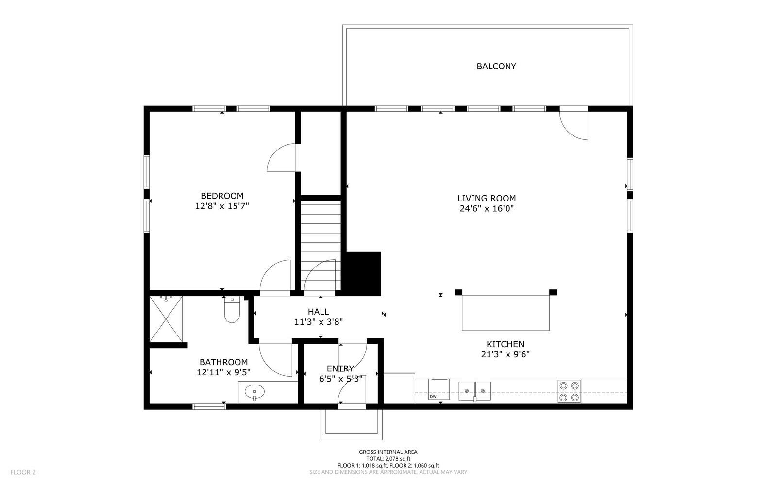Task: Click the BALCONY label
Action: [496, 66]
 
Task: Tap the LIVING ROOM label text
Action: [487, 198]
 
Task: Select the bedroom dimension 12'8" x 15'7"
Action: [222, 206]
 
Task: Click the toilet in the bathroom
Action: [232, 311]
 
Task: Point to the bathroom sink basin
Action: [254, 391]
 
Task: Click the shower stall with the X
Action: [166, 319]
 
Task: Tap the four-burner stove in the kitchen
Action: [569, 391]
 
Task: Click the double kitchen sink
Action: [474, 390]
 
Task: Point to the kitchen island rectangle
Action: [506, 313]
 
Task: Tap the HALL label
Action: [318, 312]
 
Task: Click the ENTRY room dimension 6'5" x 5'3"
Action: [340, 379]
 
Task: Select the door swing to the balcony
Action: [574, 126]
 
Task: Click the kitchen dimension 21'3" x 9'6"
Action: [505, 354]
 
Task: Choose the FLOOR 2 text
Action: [23, 472]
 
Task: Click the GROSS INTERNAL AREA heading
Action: [388, 452]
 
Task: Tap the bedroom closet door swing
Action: [282, 158]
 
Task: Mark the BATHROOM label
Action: [223, 362]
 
